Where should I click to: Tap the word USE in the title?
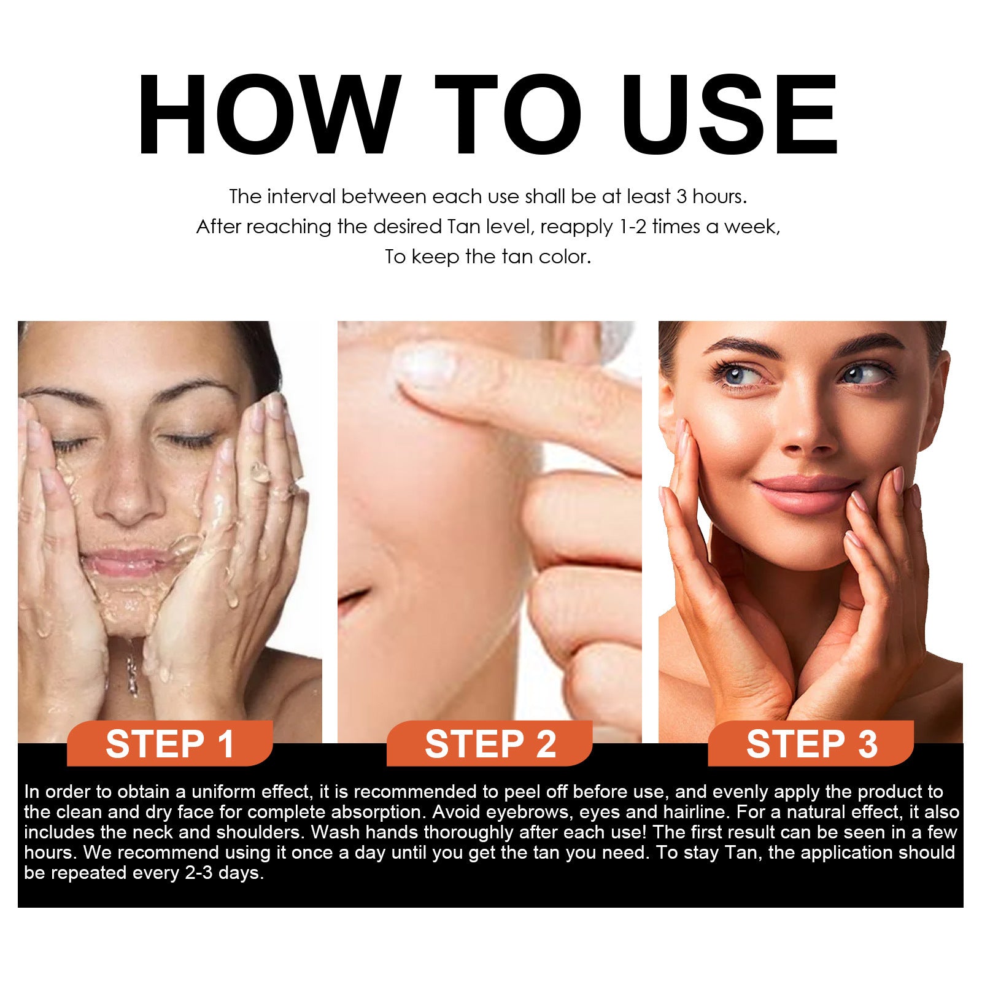click(x=730, y=115)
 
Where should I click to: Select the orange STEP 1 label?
click(x=170, y=744)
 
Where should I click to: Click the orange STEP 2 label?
click(x=490, y=744)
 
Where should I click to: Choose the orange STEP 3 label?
click(x=811, y=744)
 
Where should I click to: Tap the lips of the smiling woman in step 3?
click(x=801, y=494)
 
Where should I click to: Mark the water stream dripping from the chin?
click(x=131, y=669)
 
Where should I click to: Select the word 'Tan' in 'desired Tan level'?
click(x=464, y=227)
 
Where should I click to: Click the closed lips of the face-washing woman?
click(x=126, y=562)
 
